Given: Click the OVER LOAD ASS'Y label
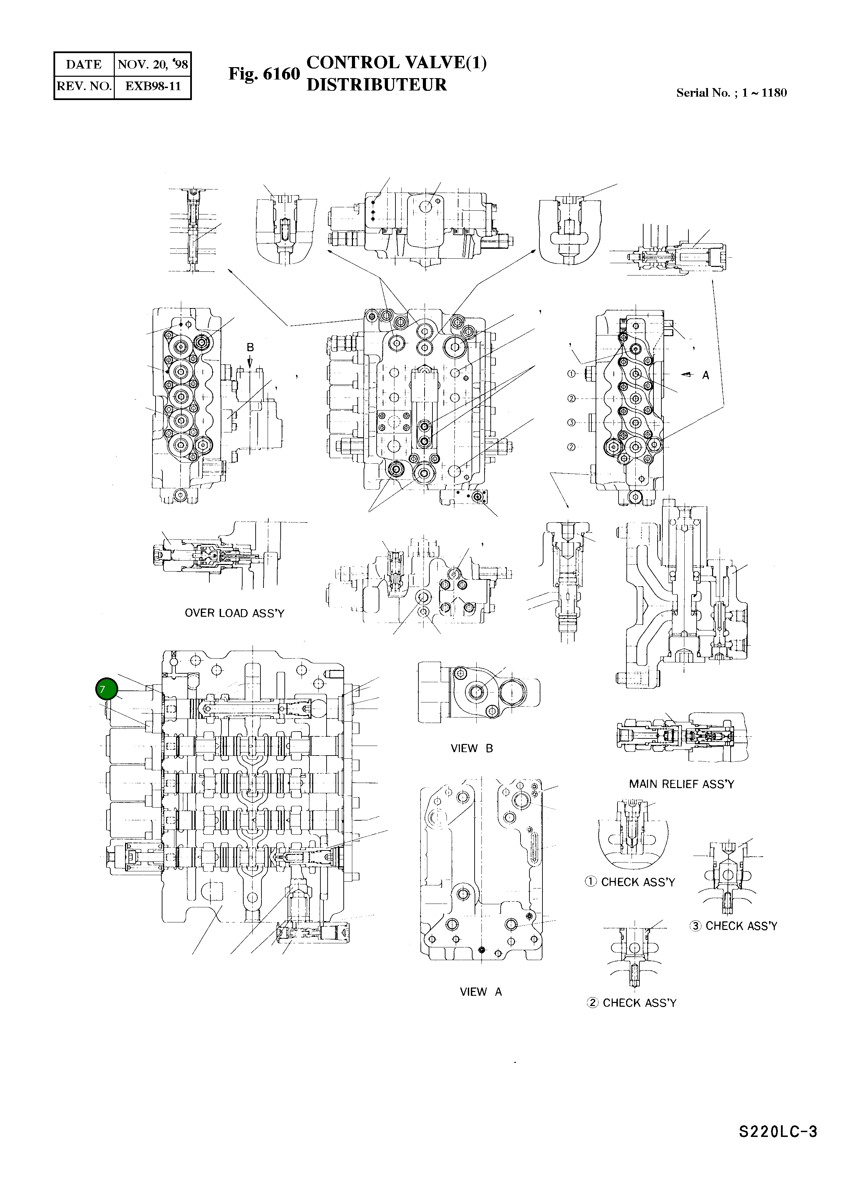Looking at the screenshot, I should (234, 613).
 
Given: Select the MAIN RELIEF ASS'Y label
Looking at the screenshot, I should (682, 784).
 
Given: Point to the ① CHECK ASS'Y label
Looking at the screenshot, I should (629, 882).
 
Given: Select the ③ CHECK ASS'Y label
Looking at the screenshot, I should (733, 926).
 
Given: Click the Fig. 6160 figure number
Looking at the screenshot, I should (264, 74).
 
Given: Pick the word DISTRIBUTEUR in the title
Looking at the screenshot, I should (376, 85).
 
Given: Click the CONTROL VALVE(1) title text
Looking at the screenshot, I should (396, 62).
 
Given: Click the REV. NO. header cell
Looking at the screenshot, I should (84, 86).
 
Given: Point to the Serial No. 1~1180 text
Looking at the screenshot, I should (731, 93).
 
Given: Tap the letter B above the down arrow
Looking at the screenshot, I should (250, 347).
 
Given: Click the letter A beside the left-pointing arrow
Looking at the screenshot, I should (705, 375).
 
